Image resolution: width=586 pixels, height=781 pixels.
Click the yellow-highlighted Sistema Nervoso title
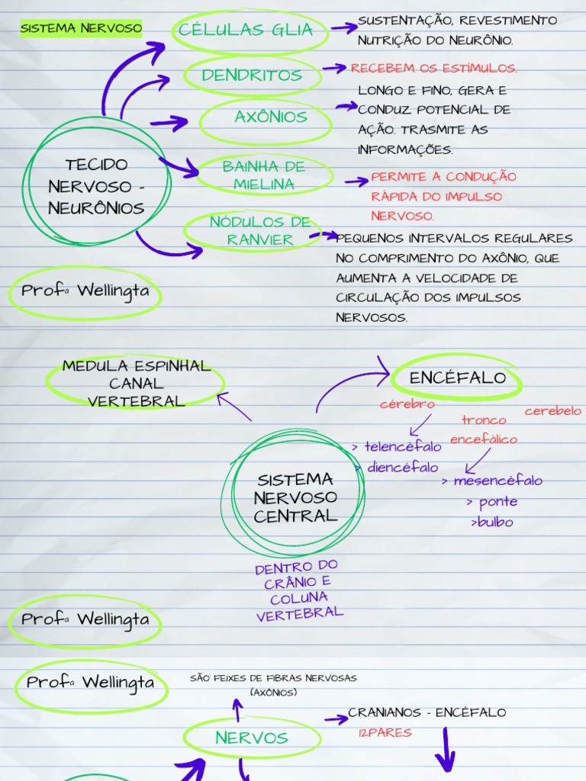click(x=81, y=29)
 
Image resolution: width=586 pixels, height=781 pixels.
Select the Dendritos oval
click(x=252, y=76)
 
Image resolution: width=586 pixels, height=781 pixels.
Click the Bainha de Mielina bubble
click(x=263, y=175)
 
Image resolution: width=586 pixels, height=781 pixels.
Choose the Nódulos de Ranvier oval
click(x=259, y=231)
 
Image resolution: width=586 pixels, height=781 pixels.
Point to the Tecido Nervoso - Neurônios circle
click(x=96, y=186)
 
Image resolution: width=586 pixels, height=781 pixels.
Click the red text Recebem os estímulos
click(x=433, y=69)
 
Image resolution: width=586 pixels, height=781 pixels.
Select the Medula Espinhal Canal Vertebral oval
click(x=136, y=383)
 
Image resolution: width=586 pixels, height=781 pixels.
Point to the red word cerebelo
click(x=552, y=411)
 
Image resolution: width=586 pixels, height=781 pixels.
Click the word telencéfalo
click(x=402, y=447)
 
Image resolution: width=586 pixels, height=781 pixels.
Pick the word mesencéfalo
click(x=497, y=481)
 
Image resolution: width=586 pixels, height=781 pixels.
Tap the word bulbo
click(x=494, y=522)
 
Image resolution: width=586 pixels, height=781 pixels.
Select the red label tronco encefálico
click(x=483, y=429)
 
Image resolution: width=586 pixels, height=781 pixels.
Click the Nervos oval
click(x=251, y=738)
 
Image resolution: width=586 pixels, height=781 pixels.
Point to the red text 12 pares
click(x=385, y=733)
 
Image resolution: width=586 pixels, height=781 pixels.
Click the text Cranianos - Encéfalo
click(x=427, y=712)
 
